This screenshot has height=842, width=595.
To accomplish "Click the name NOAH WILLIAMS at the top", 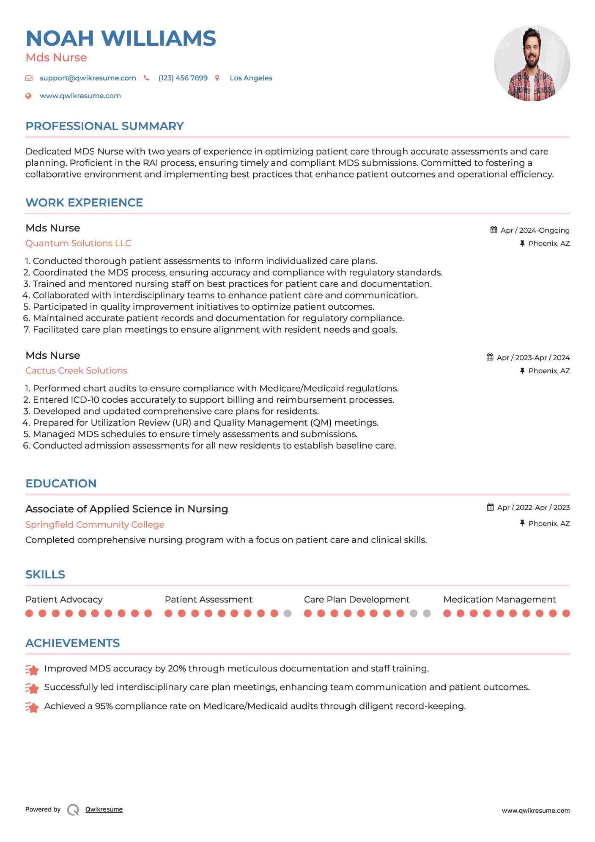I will (x=121, y=39).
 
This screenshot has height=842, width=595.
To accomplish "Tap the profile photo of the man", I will (x=532, y=63).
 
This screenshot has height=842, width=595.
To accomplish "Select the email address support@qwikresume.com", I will (x=88, y=78).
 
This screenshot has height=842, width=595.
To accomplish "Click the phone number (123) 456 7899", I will (x=183, y=78).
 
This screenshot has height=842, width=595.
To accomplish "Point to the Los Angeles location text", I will (x=251, y=78).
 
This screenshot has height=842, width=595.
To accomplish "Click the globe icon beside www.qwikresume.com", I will (x=28, y=96).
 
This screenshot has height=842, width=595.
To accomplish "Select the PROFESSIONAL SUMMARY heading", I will (x=104, y=126).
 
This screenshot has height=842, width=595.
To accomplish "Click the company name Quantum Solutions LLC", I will (x=78, y=243).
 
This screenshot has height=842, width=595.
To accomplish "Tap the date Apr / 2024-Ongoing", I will (x=535, y=230).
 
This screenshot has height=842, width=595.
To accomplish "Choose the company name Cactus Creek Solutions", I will (x=76, y=371).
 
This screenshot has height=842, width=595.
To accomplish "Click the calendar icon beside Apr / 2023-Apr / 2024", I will (x=490, y=357).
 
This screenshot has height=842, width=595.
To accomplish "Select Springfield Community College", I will (x=95, y=525).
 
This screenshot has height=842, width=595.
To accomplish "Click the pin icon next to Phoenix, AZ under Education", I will (x=522, y=523).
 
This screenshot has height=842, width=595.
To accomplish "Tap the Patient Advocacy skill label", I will (x=64, y=600).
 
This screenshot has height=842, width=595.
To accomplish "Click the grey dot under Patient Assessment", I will (x=288, y=614).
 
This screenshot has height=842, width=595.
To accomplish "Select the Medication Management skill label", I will (x=499, y=600).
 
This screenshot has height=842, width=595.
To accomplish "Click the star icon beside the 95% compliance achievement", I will (x=32, y=707).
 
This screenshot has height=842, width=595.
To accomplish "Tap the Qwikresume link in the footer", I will (x=104, y=809).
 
